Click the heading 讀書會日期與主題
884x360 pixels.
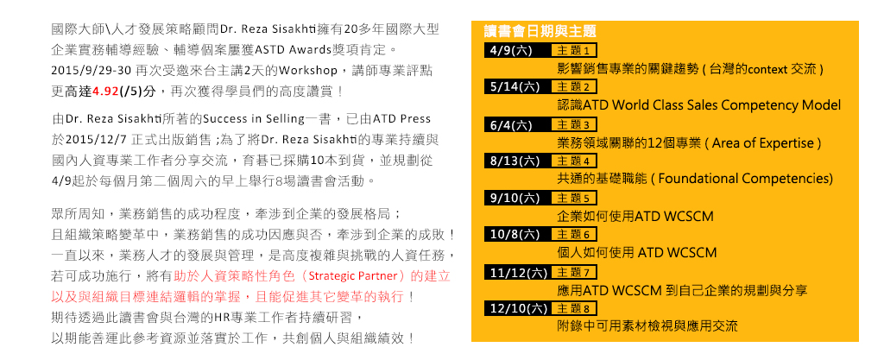click(540, 31)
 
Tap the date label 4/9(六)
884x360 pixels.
click(511, 50)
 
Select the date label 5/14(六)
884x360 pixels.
click(515, 86)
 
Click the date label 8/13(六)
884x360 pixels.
click(515, 161)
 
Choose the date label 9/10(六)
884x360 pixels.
click(515, 198)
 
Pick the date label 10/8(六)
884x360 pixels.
click(515, 234)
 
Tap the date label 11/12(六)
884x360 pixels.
click(519, 273)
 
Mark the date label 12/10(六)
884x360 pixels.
click(519, 308)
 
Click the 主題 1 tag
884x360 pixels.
click(574, 51)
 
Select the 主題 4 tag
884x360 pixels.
click(574, 161)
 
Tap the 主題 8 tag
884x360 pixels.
click(574, 309)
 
